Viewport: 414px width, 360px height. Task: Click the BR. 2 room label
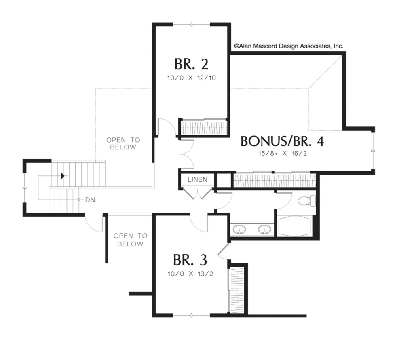click(191, 64)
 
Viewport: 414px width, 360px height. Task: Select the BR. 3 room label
click(190, 260)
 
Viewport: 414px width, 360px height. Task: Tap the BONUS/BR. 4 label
click(282, 141)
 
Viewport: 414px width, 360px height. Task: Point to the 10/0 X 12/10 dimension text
click(191, 78)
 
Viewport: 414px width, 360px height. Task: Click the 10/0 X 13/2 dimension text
click(190, 274)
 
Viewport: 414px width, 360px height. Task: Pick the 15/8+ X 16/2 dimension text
click(283, 154)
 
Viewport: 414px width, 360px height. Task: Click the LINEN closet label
click(197, 180)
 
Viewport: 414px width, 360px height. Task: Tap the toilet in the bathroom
click(307, 201)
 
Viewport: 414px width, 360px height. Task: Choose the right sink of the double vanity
click(264, 229)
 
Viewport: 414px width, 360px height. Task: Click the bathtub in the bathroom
click(294, 226)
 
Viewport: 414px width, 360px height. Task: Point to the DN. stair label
click(91, 200)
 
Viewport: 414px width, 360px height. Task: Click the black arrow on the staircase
click(63, 176)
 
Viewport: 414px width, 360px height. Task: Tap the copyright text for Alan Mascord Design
click(289, 46)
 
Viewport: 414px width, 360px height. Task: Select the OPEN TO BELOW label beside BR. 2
click(123, 143)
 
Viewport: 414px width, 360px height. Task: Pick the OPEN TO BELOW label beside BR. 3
click(131, 240)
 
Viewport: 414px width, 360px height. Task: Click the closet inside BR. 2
click(204, 128)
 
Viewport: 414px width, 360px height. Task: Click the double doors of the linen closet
click(197, 194)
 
